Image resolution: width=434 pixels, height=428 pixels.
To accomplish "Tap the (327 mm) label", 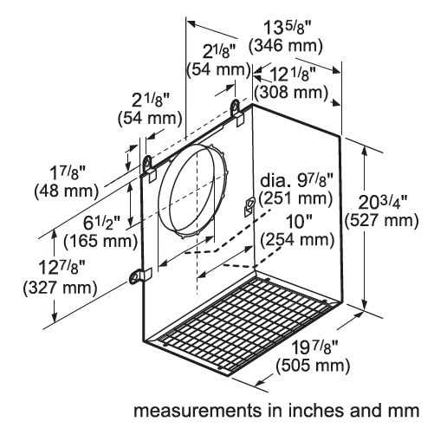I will (x=35, y=289).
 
